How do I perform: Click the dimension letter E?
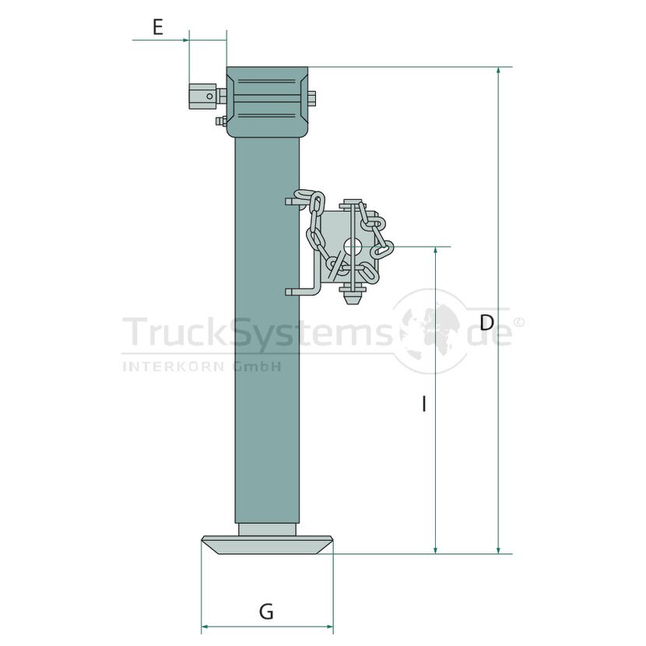click(158, 27)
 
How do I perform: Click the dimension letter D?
click(487, 322)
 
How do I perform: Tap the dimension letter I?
click(424, 404)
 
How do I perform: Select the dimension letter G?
click(266, 612)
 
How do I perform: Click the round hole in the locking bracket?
click(353, 248)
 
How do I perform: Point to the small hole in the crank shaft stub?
click(209, 97)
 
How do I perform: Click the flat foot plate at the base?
click(267, 545)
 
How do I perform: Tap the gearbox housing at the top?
click(267, 102)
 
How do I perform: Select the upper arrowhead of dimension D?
click(498, 71)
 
